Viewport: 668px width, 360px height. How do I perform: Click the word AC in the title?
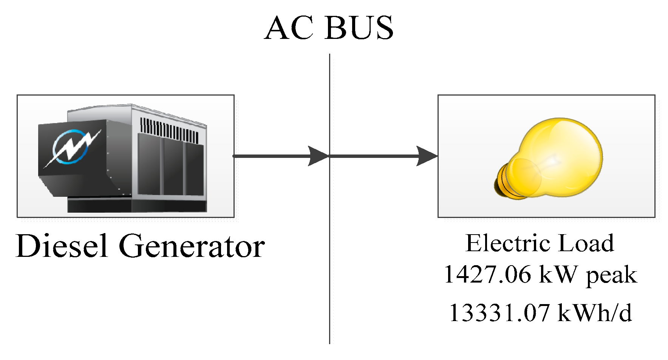289,28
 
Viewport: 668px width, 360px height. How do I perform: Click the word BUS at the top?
359,28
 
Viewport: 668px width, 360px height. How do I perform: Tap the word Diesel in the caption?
62,246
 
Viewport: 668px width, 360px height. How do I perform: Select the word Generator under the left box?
192,246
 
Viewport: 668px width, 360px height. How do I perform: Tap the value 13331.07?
499,313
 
